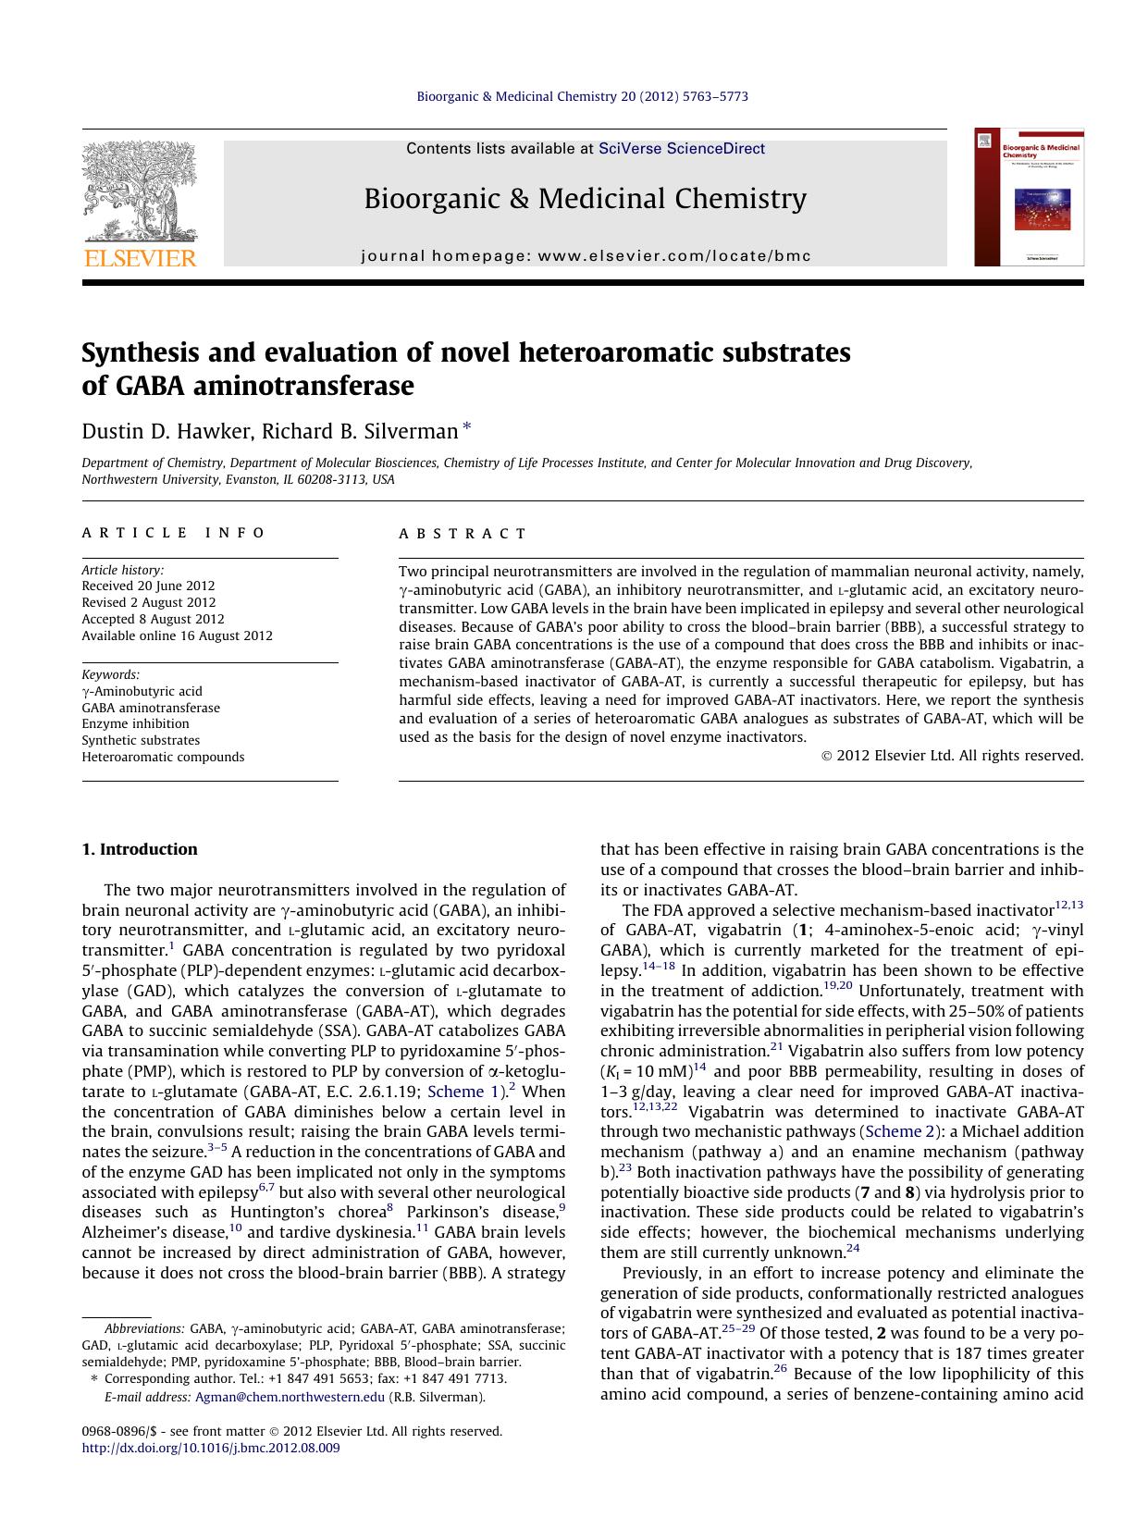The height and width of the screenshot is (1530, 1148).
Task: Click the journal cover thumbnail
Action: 1029,198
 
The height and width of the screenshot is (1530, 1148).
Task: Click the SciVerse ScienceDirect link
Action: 681,148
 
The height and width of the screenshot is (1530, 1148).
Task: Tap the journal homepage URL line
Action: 586,256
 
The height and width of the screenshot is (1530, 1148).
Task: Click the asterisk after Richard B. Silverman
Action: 466,427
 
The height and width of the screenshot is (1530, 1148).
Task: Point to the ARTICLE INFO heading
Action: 173,533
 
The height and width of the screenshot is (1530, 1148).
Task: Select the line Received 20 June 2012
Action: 148,586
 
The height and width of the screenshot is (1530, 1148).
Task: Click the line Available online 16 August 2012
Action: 177,635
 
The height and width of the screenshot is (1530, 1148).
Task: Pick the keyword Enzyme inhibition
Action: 135,723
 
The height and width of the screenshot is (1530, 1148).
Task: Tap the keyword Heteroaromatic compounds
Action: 163,757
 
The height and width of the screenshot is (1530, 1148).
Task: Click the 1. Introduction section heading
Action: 139,849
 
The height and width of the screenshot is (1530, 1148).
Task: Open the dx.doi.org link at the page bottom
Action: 211,1448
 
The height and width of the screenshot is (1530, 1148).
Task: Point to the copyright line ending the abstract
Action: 952,755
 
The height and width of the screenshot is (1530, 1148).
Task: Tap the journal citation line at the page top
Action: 582,96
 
